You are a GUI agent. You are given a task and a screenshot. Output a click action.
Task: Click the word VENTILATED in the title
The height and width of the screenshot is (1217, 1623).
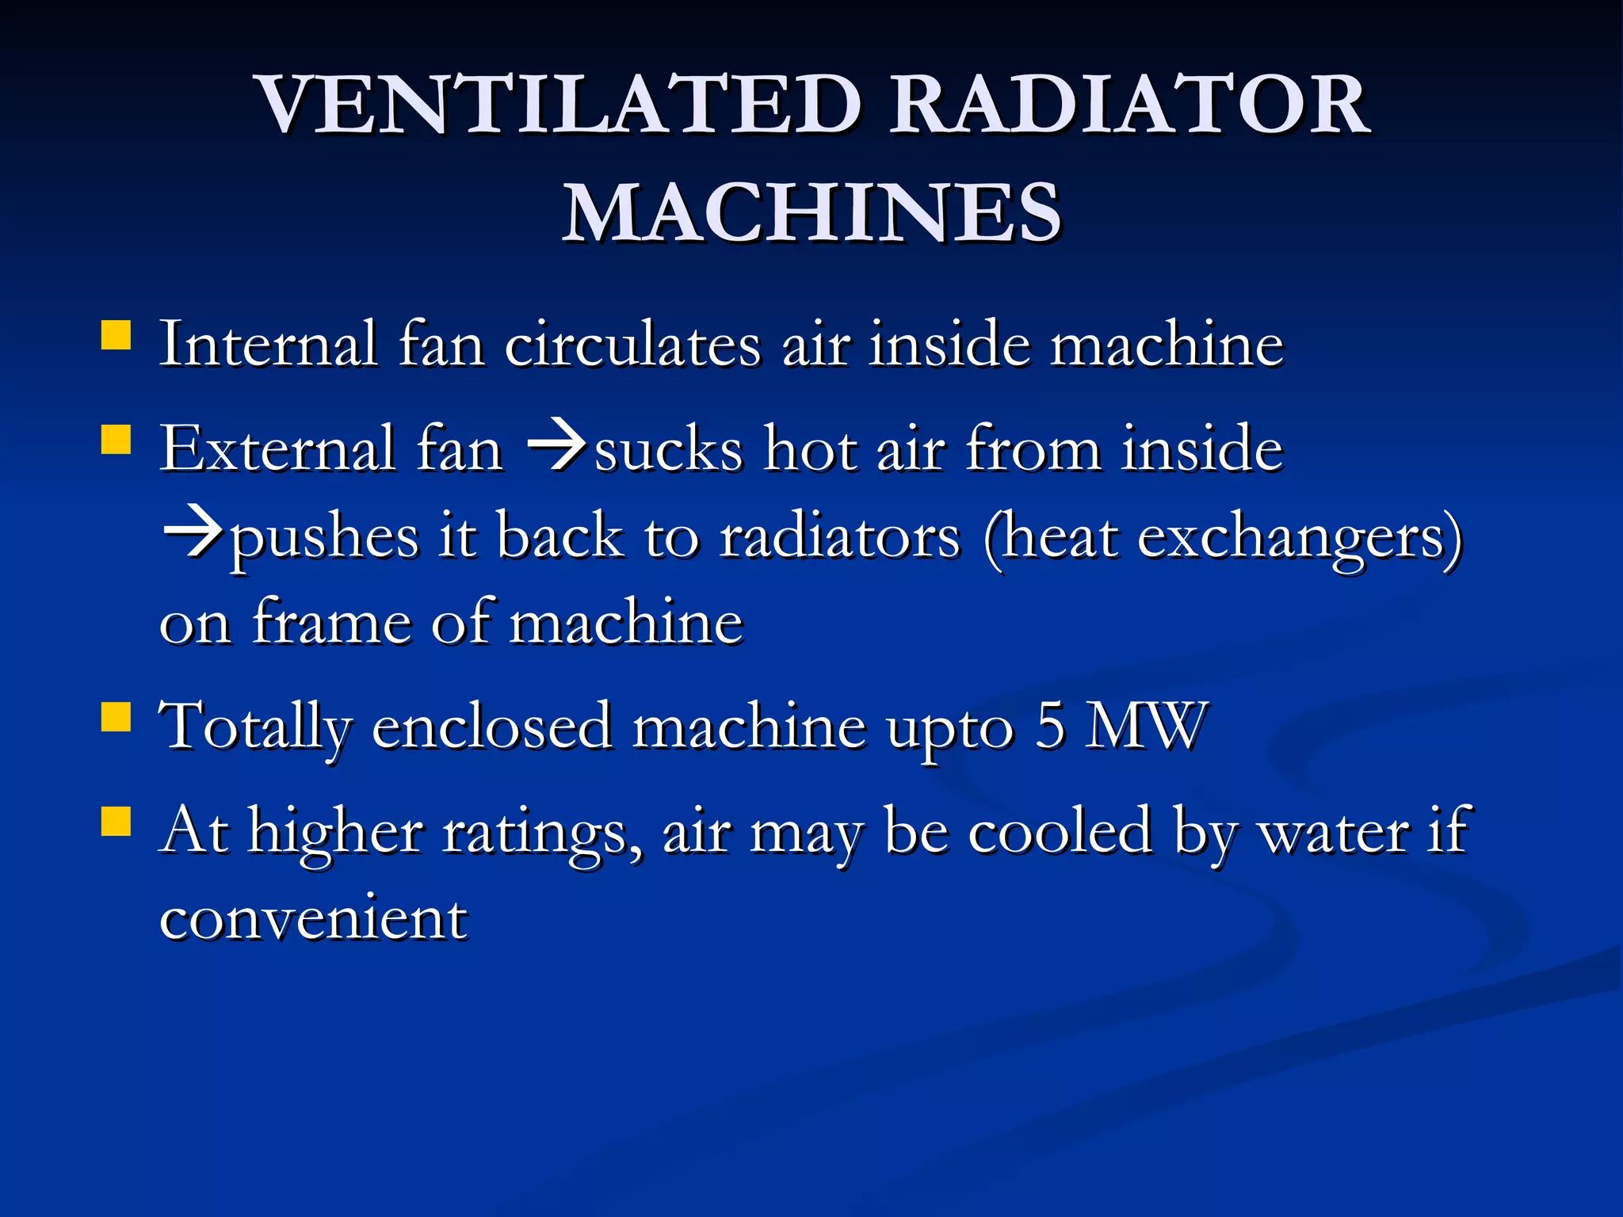coord(559,105)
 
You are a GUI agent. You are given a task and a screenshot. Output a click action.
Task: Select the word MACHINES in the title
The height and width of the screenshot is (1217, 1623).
coord(811,212)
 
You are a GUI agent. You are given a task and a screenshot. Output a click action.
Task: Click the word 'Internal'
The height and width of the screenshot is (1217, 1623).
coord(268,345)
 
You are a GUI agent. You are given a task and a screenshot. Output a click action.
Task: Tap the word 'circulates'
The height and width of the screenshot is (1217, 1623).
coord(632,345)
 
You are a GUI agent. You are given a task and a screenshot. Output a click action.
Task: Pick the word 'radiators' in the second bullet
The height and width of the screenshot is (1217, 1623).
coord(840,536)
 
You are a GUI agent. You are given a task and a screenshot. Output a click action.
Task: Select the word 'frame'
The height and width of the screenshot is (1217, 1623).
coord(331,622)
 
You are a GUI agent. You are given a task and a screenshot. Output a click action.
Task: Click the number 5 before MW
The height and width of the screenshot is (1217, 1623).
coord(1049,726)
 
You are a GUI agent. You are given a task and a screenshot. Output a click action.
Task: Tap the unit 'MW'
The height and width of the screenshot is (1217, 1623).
coord(1146,726)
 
